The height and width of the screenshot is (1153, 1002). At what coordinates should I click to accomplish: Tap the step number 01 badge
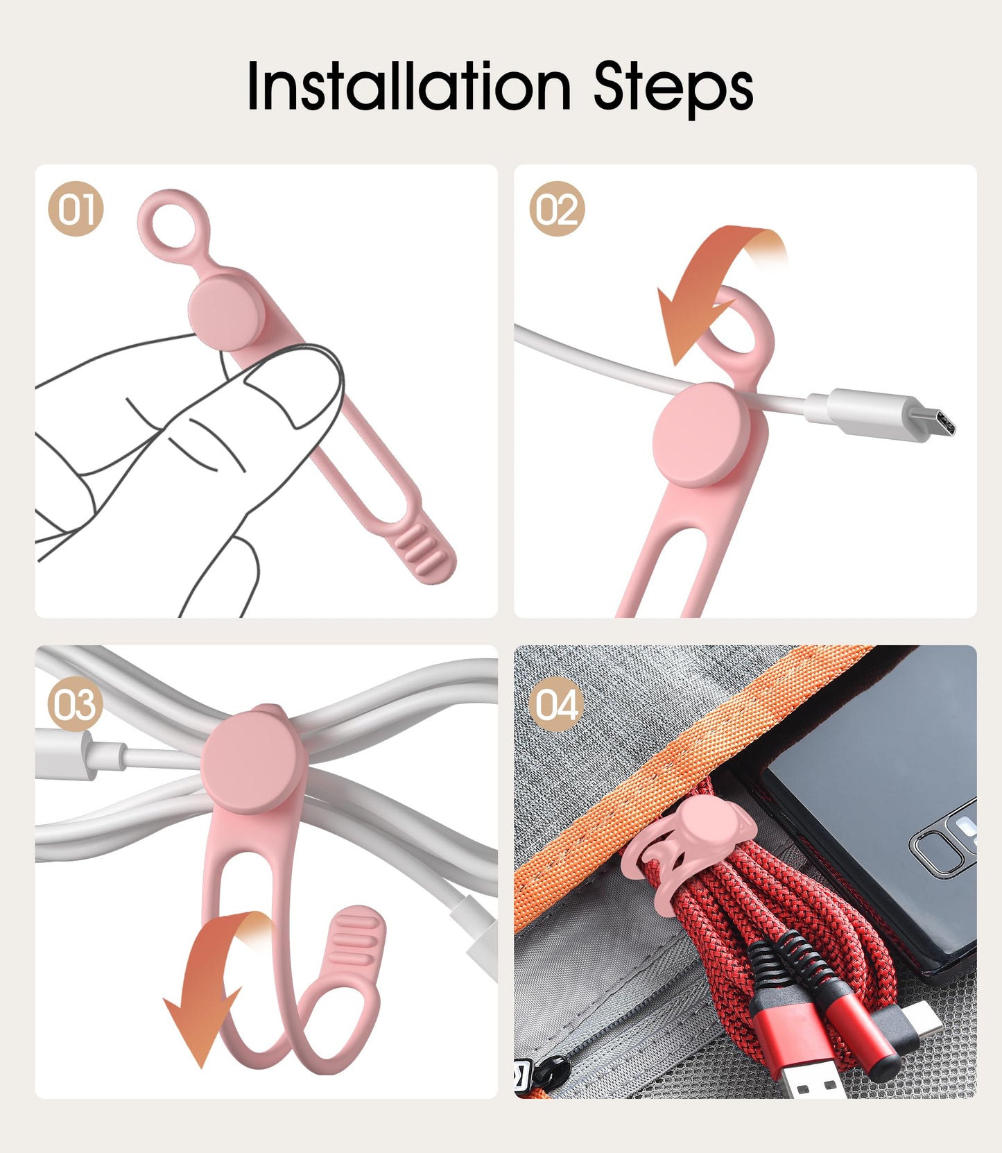coord(76,209)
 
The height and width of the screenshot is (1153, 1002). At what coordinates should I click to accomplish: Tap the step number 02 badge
coord(557,209)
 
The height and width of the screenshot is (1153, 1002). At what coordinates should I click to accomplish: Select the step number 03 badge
coord(76,704)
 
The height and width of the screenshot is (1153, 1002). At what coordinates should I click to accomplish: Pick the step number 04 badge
coord(557,704)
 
